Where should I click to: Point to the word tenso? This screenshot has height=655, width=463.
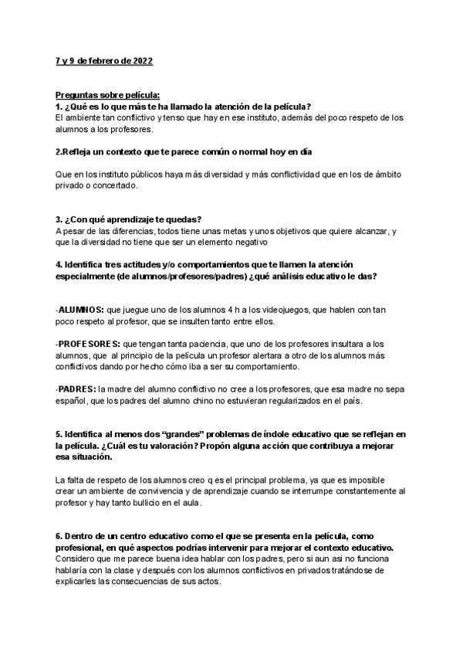(x=174, y=117)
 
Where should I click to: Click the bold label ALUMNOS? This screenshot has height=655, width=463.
(x=81, y=309)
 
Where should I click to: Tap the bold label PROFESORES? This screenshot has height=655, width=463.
(x=89, y=343)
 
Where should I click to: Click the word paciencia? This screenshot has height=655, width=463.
(x=201, y=343)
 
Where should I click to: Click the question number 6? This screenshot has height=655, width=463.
(x=59, y=536)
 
